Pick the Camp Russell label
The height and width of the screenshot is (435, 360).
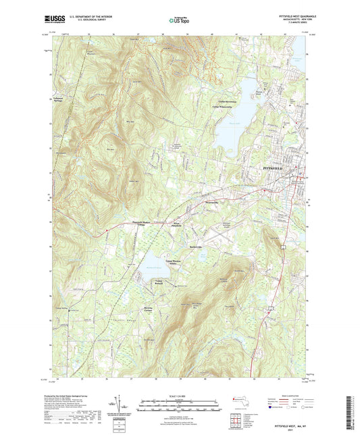click(159, 281)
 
